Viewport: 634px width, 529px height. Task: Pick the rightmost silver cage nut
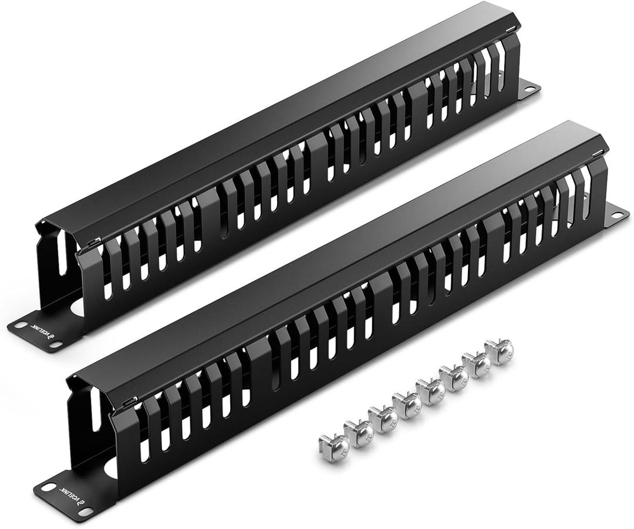coord(499,352)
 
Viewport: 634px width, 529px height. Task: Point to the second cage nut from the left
coord(358,433)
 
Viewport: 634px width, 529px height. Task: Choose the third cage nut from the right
coord(453,379)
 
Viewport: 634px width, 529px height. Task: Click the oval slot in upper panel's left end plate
coord(62,258)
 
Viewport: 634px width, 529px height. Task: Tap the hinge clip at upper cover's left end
coord(93,241)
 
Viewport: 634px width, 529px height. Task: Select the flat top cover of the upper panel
coord(282,112)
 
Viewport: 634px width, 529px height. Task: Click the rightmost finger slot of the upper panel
coord(501,65)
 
